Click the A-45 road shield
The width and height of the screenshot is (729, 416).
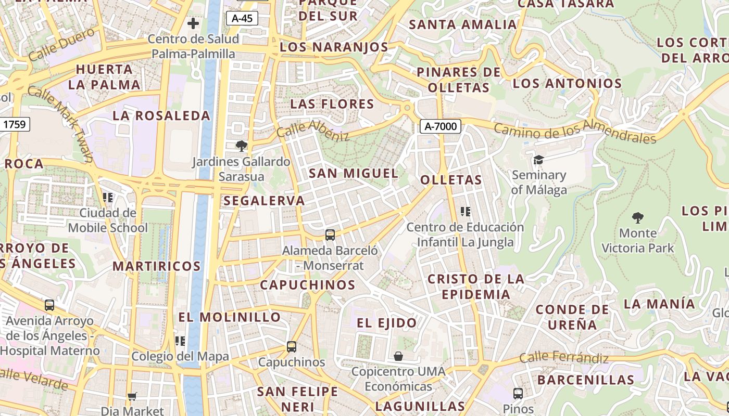(x=242, y=18)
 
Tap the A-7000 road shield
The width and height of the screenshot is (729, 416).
(x=441, y=126)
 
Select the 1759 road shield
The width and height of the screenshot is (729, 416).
(x=16, y=124)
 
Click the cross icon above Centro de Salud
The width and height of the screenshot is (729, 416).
(x=193, y=23)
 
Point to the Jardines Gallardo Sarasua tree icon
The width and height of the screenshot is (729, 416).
(x=241, y=146)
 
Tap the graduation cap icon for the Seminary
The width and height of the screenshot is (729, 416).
(x=538, y=160)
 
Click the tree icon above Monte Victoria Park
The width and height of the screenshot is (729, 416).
(x=637, y=217)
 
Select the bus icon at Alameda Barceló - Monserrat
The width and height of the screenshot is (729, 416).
(x=330, y=235)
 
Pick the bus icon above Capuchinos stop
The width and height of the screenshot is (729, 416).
(x=292, y=346)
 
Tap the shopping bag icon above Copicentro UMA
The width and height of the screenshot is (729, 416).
(x=398, y=356)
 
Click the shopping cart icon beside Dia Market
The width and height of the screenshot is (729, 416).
(x=132, y=397)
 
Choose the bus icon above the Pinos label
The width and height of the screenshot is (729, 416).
(x=518, y=393)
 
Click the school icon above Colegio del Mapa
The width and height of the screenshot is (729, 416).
(x=180, y=341)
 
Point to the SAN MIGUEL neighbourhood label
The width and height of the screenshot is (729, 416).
(x=354, y=173)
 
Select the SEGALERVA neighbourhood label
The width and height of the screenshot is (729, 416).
(x=264, y=201)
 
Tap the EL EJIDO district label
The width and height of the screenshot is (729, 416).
(x=387, y=323)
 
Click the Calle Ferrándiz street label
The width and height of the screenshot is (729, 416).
(x=564, y=358)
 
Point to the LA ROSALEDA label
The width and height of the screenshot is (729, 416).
(x=161, y=115)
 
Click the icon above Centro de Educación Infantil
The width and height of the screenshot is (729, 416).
(x=466, y=212)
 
